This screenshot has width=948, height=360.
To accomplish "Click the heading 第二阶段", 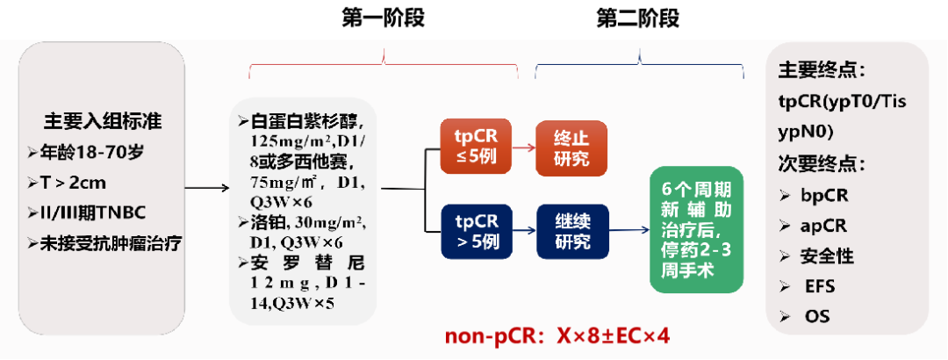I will coord(638,18).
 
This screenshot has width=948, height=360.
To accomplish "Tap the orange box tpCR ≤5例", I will coord(476,147).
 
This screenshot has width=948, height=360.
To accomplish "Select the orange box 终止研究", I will coord(571,147).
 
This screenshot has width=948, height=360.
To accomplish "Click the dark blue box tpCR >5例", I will coord(476,230).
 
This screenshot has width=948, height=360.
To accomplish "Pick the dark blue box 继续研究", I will coord(571,230).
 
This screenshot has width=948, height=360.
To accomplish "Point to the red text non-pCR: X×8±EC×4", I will coord(558,336).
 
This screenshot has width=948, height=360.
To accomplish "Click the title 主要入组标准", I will coord(103,121).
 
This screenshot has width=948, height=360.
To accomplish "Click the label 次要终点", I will coord(822,163).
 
